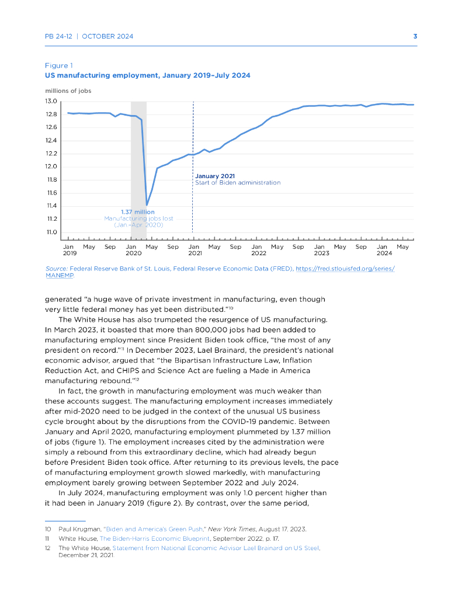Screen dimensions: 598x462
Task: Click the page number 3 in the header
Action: click(415, 36)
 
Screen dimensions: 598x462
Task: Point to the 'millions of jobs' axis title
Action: click(68, 91)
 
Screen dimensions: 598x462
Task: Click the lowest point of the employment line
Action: click(147, 205)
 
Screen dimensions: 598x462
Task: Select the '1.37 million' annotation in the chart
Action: click(138, 212)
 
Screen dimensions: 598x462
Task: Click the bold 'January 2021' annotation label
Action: click(214, 176)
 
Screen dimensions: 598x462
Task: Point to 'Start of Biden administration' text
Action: click(238, 183)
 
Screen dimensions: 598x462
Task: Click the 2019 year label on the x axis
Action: click(70, 253)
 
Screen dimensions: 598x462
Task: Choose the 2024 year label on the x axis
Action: click(384, 253)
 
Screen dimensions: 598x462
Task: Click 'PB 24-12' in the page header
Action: click(60, 36)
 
